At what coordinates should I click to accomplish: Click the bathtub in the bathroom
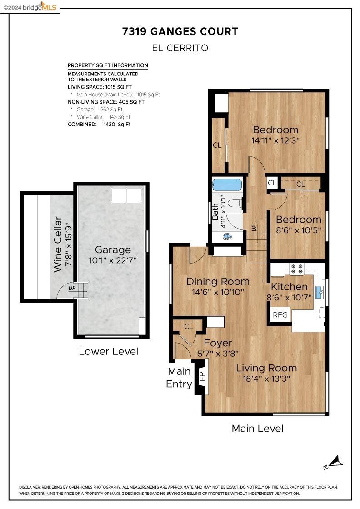click(227, 185)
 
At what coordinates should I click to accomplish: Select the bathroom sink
click(228, 237)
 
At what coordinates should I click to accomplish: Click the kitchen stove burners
click(297, 268)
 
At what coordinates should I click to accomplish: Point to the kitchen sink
click(319, 293)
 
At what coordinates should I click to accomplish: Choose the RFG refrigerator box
click(280, 314)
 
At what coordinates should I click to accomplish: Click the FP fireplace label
click(202, 377)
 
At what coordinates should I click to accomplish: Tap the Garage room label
click(113, 250)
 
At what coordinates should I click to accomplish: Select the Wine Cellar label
click(57, 245)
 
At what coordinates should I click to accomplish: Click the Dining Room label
click(218, 281)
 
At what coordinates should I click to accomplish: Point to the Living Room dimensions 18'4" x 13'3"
click(266, 379)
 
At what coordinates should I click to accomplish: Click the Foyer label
click(218, 343)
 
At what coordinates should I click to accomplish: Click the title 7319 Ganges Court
click(180, 31)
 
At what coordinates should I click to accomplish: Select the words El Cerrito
click(180, 48)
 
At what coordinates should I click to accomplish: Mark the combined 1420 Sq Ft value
click(117, 125)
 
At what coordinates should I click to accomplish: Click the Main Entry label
click(179, 378)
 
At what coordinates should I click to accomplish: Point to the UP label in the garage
click(72, 288)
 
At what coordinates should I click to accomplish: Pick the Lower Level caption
click(109, 351)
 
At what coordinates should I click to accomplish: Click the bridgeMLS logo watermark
click(30, 7)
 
